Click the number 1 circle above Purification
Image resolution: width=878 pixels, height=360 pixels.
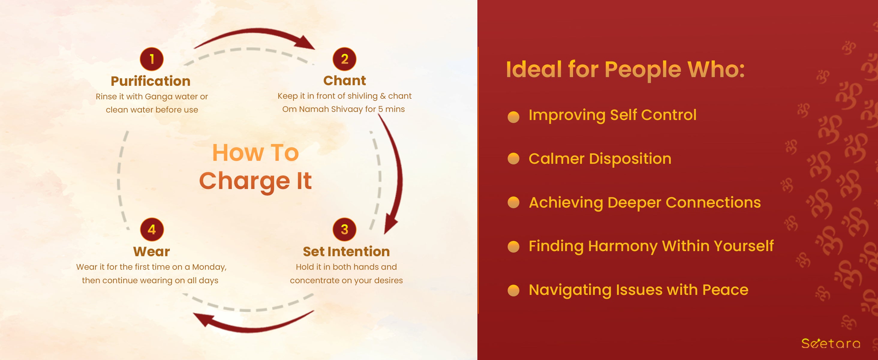[152, 59]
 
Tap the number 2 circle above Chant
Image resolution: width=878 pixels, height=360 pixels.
[345, 59]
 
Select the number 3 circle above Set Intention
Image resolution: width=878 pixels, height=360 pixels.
[345, 229]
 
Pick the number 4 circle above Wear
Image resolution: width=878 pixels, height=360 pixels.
[152, 229]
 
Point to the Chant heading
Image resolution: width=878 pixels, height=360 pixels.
[345, 81]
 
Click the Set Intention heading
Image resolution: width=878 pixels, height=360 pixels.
[346, 252]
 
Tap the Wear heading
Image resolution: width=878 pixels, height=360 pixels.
[152, 252]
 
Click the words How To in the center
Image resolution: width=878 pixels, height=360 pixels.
[255, 152]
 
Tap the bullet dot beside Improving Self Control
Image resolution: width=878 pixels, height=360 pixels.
[513, 117]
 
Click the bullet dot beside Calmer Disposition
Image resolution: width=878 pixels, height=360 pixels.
[513, 158]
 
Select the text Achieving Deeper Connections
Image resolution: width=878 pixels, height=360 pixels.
[644, 202]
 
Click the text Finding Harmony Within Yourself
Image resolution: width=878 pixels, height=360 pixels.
[651, 246]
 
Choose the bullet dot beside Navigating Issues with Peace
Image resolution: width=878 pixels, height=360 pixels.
[513, 290]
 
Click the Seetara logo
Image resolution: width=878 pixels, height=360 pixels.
[831, 343]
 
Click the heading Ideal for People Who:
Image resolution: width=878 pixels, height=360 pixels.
[626, 70]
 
